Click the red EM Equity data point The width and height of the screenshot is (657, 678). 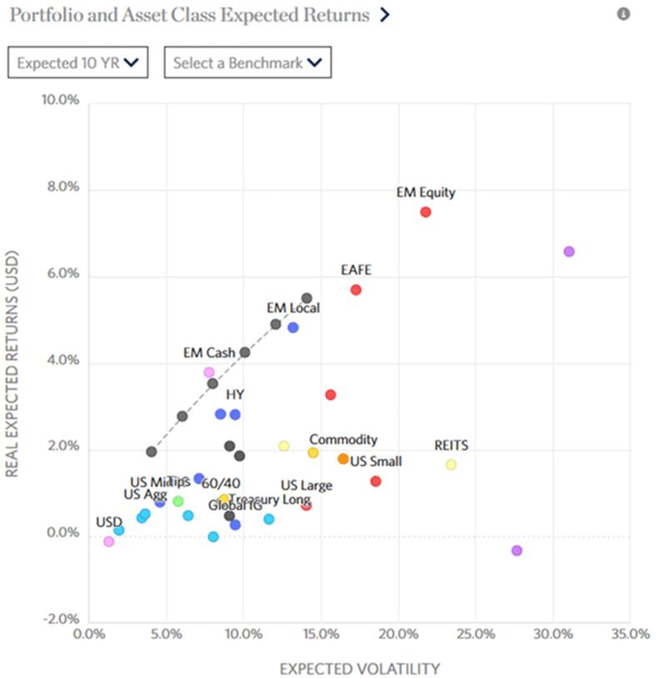(x=425, y=212)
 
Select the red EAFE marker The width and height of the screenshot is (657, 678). (x=356, y=289)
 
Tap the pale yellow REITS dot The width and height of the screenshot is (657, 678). (x=451, y=465)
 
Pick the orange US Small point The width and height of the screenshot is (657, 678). (x=343, y=459)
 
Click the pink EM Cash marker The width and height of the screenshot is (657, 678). (x=208, y=372)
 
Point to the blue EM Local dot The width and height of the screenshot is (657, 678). (x=293, y=328)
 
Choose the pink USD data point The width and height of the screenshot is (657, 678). (x=108, y=541)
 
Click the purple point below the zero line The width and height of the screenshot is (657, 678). (x=517, y=550)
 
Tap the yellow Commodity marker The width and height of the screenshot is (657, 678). (x=313, y=453)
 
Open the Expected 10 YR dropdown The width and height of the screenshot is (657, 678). (x=78, y=63)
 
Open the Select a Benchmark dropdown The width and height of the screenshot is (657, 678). (x=247, y=63)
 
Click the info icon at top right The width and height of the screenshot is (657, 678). (x=623, y=14)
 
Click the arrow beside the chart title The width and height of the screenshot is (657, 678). (x=384, y=15)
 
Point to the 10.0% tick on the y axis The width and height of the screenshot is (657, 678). (x=61, y=101)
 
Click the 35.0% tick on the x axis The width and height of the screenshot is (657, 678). (x=629, y=633)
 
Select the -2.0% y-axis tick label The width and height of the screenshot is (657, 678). (x=61, y=620)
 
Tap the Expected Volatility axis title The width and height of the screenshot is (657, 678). (x=359, y=668)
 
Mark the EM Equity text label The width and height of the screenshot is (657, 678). (x=425, y=193)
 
